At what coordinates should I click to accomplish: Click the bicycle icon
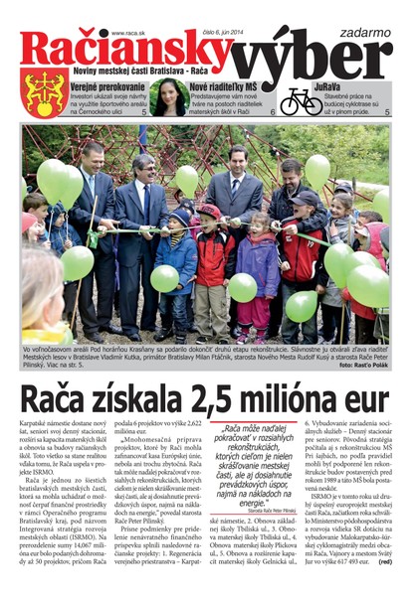(x=300, y=99)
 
